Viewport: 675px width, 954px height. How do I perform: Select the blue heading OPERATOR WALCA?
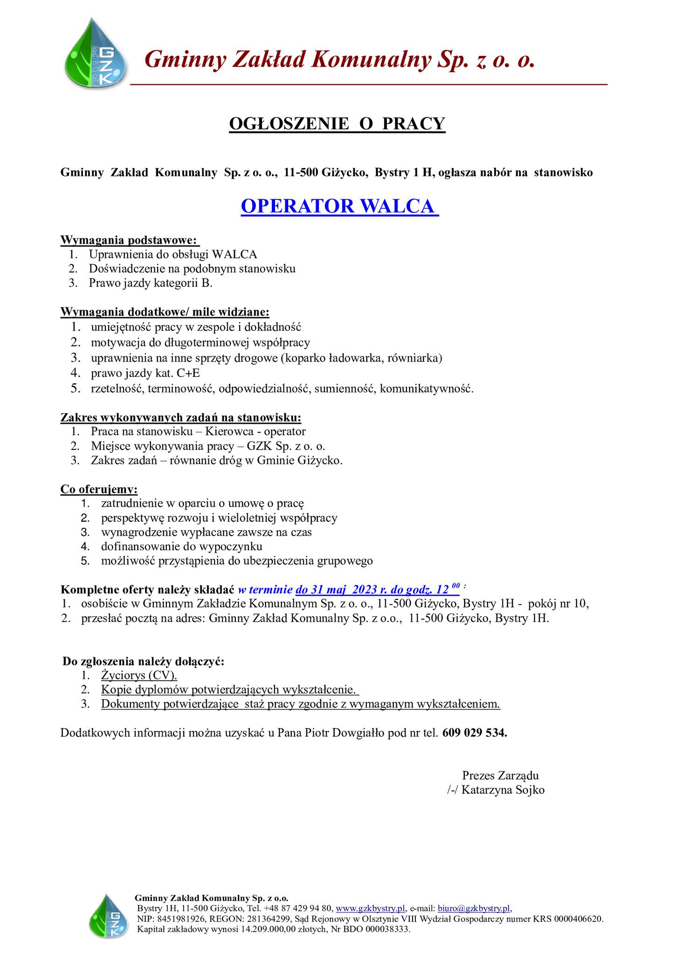coord(339,206)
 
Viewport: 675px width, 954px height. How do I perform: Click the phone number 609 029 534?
coord(475,733)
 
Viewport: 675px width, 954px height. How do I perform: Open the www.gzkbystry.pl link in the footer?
coord(371,908)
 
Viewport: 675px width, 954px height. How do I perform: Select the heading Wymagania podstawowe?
coord(130,241)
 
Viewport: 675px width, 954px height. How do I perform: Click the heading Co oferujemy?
coord(99,489)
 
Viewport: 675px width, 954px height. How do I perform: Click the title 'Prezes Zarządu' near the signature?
coord(500,776)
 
